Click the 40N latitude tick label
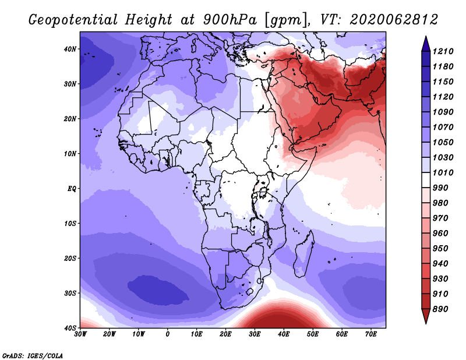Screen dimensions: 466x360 click(70, 49)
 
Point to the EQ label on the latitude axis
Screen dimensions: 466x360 click(72, 189)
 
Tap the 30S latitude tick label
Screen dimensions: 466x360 click(70, 293)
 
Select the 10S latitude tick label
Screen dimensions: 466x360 click(70, 224)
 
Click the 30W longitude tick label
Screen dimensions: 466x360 click(80, 334)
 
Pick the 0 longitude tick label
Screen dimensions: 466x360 click(167, 334)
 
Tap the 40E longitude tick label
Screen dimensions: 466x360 click(284, 334)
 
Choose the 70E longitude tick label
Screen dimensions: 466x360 click(370, 334)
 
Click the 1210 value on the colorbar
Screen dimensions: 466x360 click(443, 51)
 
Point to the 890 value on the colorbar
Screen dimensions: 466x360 click(440, 309)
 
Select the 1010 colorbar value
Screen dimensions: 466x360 click(443, 172)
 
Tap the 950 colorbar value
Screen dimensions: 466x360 click(440, 249)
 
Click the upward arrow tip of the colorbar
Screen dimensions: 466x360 click(426, 37)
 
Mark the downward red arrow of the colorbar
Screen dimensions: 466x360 click(426, 316)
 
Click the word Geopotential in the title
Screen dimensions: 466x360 click(73, 20)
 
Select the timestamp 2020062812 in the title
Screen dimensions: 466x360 click(394, 20)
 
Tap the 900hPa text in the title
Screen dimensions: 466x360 click(230, 20)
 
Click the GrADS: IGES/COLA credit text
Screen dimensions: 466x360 click(33, 356)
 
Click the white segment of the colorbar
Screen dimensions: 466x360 click(426, 180)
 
